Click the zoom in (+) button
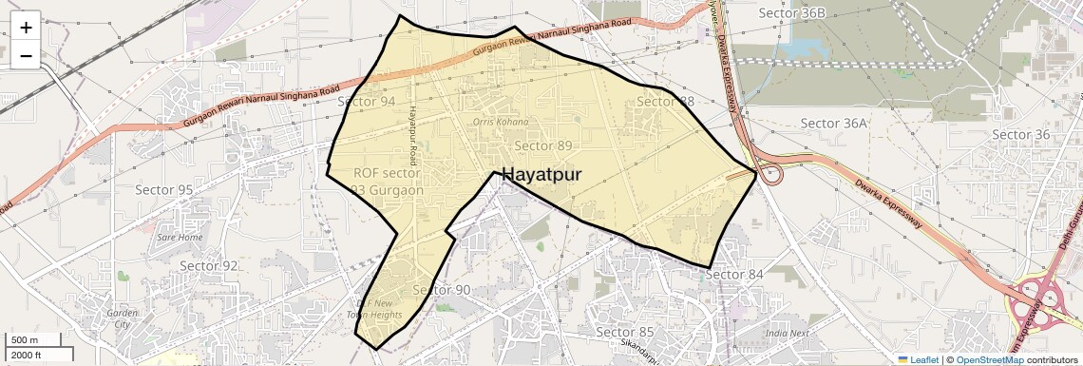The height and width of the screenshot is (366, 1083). point(26,28)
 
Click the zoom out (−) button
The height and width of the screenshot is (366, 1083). point(26,56)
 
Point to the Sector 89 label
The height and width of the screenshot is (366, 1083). point(543,145)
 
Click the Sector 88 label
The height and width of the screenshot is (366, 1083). point(667,102)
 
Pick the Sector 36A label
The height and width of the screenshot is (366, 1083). point(834,124)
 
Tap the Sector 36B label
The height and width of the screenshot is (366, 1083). point(792,12)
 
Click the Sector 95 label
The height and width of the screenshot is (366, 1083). point(163,190)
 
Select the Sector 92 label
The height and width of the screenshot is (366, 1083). point(209,266)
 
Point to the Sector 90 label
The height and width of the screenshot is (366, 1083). point(442,290)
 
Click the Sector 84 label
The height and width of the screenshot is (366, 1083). point(734,275)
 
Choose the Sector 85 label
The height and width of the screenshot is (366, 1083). point(624,332)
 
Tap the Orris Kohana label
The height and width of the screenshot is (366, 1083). point(500,123)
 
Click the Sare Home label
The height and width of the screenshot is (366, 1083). point(180,237)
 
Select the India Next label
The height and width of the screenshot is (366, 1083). point(788,334)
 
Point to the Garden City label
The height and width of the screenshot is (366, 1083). point(123,318)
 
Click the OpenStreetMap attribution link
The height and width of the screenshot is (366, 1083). point(989,359)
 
